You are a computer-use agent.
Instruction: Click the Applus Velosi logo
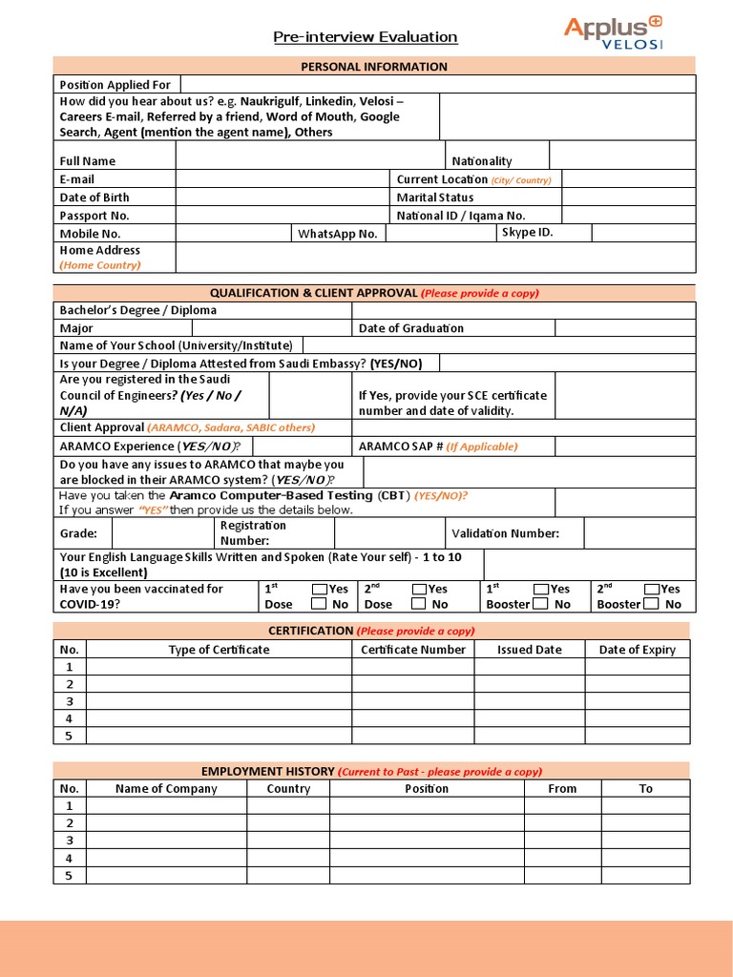pos(613,31)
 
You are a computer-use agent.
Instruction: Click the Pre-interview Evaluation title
pos(366,37)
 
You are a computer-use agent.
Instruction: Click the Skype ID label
pos(526,232)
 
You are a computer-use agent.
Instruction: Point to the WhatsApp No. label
pos(338,234)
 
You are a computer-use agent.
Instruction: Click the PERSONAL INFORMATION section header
pos(374,67)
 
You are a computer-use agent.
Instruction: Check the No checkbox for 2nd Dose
pos(419,604)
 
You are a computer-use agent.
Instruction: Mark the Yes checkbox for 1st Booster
pos(541,590)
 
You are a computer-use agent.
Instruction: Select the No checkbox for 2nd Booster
pos(652,604)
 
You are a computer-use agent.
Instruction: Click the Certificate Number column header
pos(413,650)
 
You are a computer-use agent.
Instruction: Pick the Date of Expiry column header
pos(637,650)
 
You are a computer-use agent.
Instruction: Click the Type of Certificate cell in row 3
pos(219,701)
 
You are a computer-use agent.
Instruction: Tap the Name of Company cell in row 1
pos(166,806)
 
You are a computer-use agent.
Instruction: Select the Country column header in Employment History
pos(288,789)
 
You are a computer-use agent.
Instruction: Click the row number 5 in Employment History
pos(69,876)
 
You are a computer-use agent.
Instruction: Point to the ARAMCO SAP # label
pos(438,447)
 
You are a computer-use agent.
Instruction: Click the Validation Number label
pos(505,534)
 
